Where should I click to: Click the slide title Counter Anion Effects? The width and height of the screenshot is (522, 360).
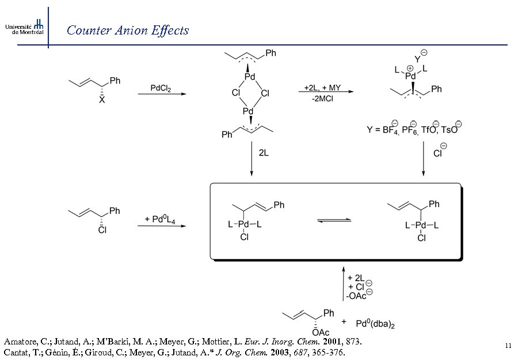128,31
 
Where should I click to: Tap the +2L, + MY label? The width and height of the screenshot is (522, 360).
322,88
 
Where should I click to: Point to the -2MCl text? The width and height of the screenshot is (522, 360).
322,99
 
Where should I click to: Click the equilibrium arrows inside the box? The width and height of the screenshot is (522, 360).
334,221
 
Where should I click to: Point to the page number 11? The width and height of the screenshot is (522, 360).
508,346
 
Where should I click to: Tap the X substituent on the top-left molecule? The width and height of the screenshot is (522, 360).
102,100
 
